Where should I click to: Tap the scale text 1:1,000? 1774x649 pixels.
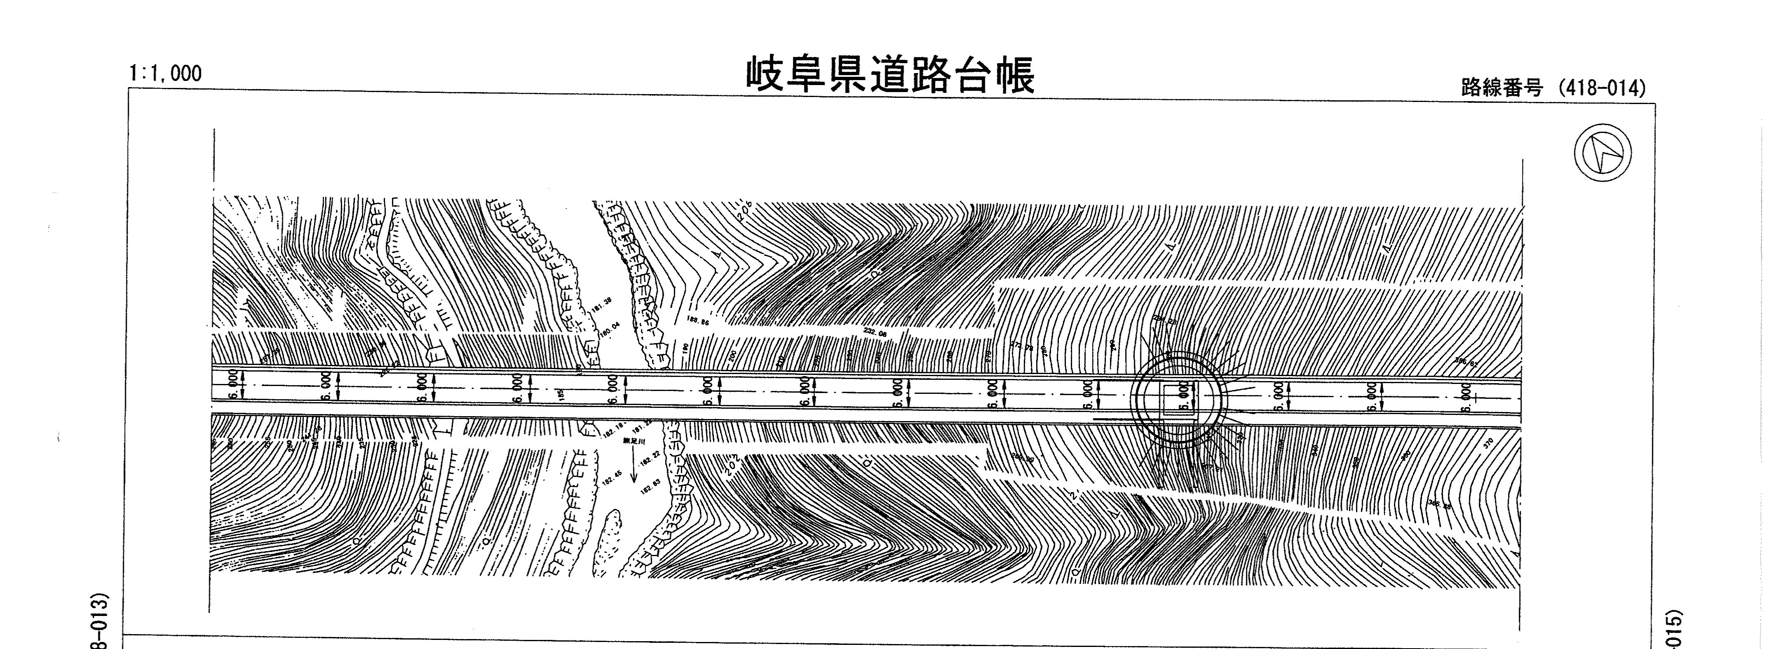coord(165,72)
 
